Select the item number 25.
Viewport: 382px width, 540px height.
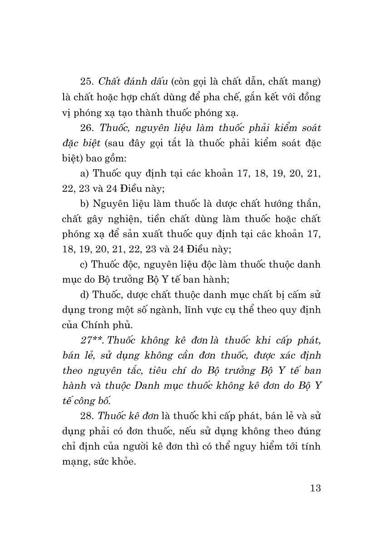[x=86, y=82]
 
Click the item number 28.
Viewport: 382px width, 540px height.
[x=86, y=416]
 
